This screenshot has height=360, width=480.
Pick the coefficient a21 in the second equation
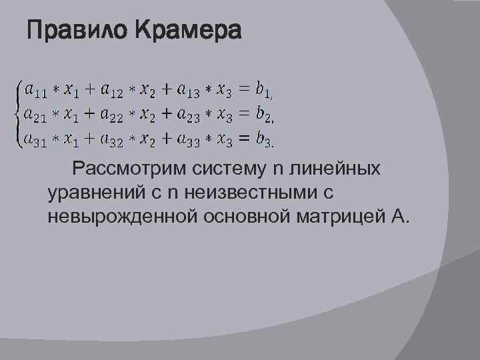(x=34, y=114)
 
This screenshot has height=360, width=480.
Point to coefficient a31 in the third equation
(x=34, y=139)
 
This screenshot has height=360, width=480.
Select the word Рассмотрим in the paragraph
(x=123, y=169)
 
